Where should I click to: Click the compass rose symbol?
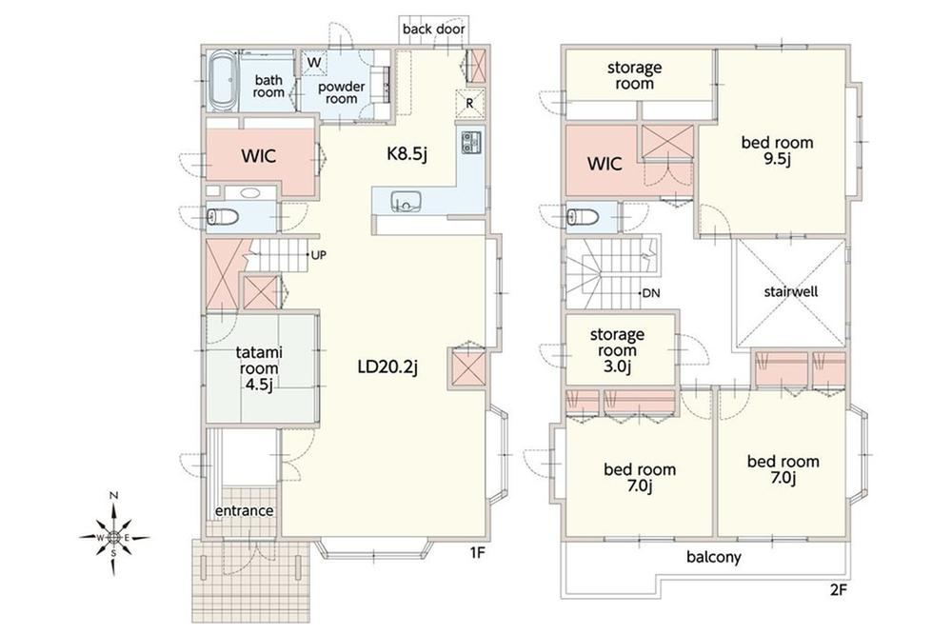coord(113,537)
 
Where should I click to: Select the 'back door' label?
coord(433,29)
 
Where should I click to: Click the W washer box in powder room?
coord(314,63)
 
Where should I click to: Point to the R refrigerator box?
coord(470,102)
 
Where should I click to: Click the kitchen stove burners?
coord(471,143)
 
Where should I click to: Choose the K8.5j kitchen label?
coord(407,154)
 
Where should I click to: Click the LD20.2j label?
coord(387,367)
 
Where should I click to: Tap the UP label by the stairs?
coord(319,255)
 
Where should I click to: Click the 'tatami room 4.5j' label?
coord(259,368)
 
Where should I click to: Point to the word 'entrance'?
coord(244,510)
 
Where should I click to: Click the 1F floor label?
coord(477,553)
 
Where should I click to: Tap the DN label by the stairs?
coord(651,293)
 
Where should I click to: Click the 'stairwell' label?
coord(790,291)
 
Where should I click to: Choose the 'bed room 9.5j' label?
coord(777,150)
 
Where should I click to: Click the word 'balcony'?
coord(714,556)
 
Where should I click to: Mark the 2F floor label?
coord(837,589)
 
